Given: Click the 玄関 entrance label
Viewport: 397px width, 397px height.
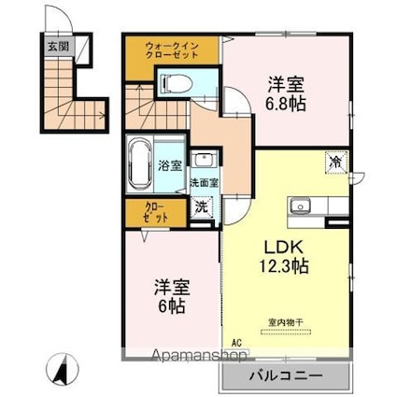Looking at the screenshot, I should click(x=58, y=44).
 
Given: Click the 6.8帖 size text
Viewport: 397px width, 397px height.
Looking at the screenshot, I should click(x=285, y=103).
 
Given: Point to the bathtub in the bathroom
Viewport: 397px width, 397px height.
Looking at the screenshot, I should click(x=141, y=164).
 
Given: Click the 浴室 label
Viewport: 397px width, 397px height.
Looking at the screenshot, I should click(x=169, y=166).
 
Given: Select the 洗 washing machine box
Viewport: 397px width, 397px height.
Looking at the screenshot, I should click(x=201, y=208).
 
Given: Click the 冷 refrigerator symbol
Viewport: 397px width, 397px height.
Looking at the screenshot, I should click(x=333, y=162).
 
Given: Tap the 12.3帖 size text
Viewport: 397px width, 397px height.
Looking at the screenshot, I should click(x=284, y=265).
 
